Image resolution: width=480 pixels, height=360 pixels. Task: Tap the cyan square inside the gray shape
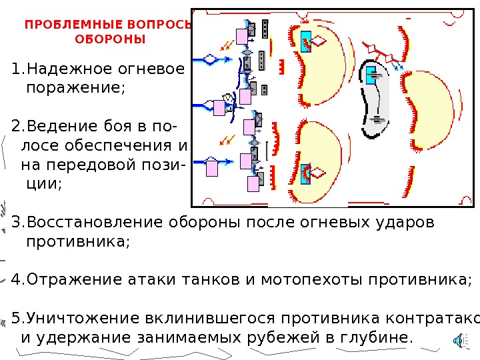point(370,75)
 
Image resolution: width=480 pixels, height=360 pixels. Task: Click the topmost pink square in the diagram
point(241,38)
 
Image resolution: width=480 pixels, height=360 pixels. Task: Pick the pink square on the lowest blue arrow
point(211,168)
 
